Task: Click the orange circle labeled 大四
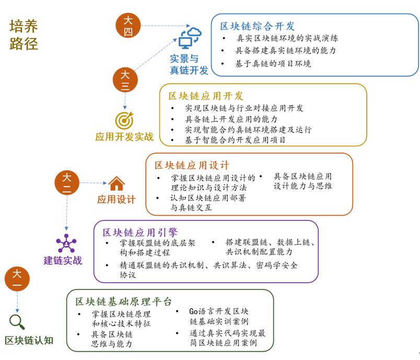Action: coord(128,26)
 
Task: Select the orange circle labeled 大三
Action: coord(125,80)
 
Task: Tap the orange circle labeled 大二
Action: coord(67,183)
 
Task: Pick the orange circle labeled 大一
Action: coord(17,279)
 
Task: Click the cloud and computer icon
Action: coord(190,38)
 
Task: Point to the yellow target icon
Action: coord(124,120)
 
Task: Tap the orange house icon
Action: coord(116,183)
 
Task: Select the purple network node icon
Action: coord(66,243)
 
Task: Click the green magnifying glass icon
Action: coord(17,322)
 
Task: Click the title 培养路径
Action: coord(24,35)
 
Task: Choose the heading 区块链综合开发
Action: coord(258,26)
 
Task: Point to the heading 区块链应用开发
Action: coord(206,96)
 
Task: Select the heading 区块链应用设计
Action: coord(192,165)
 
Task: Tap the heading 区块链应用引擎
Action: coord(140,232)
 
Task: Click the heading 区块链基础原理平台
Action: coord(123,301)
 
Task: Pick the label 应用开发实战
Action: coord(124,136)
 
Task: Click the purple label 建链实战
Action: coord(63,260)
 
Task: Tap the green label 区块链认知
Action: coord(29,341)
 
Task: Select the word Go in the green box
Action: coord(193,311)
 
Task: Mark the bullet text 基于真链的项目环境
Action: coord(273,64)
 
